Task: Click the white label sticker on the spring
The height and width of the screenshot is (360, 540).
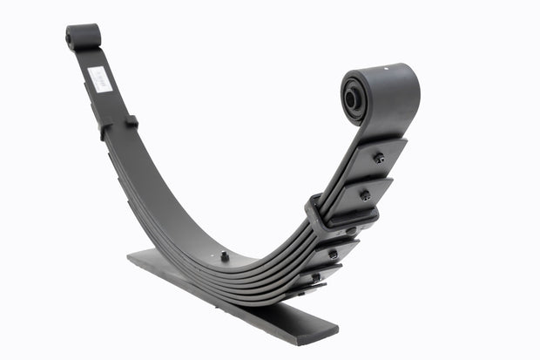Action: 99,79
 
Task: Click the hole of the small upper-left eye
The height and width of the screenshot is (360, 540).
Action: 70,37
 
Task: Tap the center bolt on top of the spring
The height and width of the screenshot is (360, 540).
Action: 225,256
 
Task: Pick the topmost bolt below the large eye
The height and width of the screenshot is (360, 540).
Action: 379,158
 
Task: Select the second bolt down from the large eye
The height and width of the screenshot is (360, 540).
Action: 365,195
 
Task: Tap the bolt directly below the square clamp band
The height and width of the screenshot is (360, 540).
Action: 350,231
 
